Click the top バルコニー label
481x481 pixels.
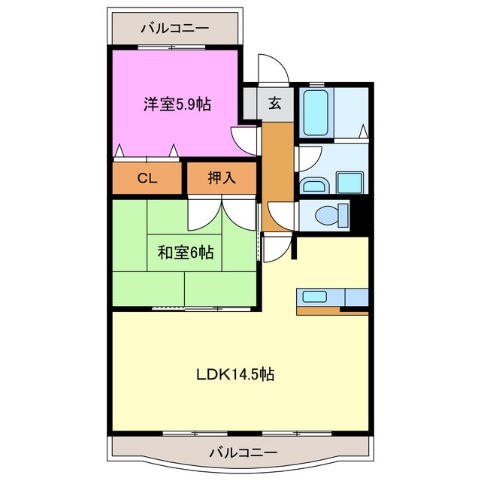point(174,29)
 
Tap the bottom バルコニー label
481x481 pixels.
point(242,453)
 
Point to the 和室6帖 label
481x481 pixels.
point(185,253)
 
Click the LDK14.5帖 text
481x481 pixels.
point(235,374)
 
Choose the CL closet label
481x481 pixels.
point(147,179)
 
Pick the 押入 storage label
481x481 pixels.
point(222,179)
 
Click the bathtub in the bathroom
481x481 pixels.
point(316,113)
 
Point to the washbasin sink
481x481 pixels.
point(313,185)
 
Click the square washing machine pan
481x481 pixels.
point(349,183)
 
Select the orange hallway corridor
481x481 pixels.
point(277,162)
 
